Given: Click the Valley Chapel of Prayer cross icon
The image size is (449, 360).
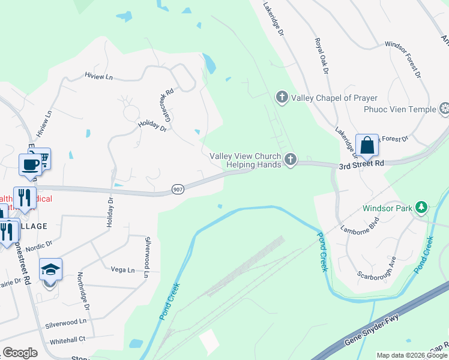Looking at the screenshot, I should point(282,97).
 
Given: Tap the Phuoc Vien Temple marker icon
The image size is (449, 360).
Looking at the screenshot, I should point(445,109).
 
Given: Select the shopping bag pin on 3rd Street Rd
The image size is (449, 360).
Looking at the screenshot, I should point(366,146).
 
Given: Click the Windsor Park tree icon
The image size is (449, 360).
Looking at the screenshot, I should point(422,208).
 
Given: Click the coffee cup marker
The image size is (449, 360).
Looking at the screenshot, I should point(30,163).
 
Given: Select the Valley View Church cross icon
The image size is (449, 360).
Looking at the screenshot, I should point(291,159).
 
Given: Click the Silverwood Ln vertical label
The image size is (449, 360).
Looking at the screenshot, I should point(146,256).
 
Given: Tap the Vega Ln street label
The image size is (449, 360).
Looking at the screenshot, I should point(122,270).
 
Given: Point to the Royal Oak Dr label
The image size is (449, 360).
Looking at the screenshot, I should point(322,56).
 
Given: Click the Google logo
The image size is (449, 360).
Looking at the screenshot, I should point(20,353).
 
